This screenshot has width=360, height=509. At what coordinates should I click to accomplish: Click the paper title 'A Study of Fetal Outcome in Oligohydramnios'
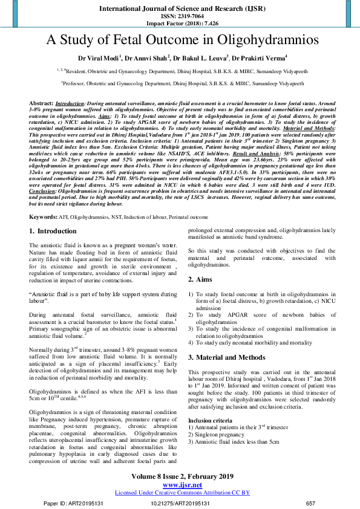(x=180, y=41)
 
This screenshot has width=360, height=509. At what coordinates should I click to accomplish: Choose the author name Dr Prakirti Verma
(x=260, y=58)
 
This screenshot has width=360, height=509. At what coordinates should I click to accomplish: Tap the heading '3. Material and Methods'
(x=227, y=357)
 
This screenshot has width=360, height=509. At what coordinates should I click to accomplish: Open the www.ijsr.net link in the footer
(x=180, y=485)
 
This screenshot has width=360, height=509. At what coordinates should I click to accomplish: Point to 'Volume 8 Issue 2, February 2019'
(x=180, y=476)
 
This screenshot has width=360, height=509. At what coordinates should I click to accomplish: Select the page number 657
(x=311, y=503)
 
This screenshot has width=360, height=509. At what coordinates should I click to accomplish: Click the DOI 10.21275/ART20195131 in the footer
(x=180, y=503)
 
